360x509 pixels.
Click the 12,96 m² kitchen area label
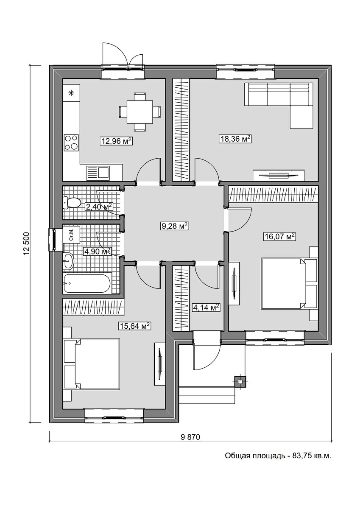point(116,141)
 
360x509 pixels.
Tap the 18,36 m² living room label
point(235,139)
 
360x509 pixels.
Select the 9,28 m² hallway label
point(175,226)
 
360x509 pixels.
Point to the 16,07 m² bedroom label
point(279,237)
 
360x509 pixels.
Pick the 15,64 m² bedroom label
point(135,326)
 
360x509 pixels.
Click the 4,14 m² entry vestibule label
point(206,308)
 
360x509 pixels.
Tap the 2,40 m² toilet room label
point(99,207)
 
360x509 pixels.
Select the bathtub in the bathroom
point(87,283)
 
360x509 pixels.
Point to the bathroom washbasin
point(68,262)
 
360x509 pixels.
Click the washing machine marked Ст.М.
point(71,235)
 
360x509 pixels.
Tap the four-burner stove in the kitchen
point(71,143)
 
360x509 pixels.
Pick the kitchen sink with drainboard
point(98,173)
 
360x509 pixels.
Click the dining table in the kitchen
point(140,112)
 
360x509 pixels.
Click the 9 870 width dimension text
point(190,437)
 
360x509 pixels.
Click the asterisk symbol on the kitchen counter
point(71,93)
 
